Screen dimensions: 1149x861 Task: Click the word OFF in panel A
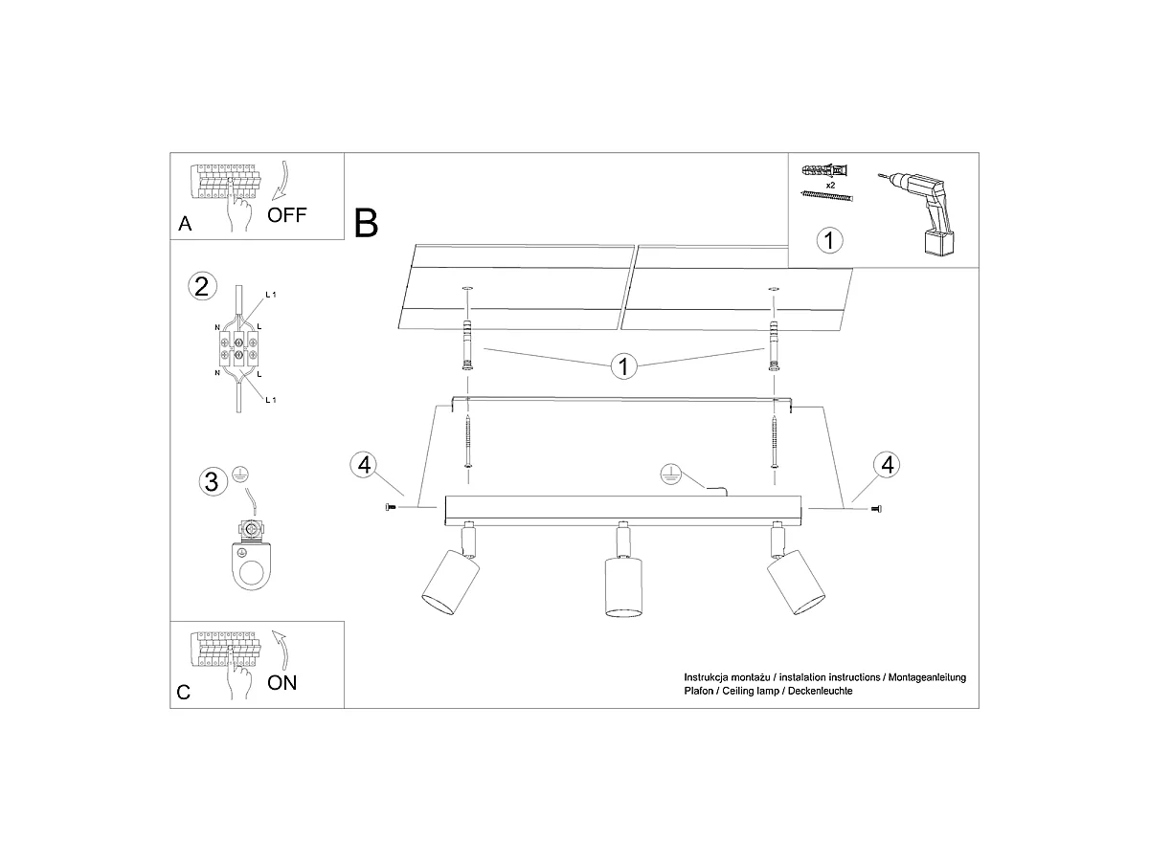coord(287,215)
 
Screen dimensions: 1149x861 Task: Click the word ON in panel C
coord(282,683)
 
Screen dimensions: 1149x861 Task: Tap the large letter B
coord(366,223)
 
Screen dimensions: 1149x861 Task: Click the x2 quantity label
coord(830,185)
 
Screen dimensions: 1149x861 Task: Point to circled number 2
coord(202,286)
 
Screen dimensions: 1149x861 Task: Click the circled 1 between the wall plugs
coord(623,366)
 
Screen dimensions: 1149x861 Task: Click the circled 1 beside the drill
coord(830,240)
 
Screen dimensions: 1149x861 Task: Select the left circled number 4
coord(365,464)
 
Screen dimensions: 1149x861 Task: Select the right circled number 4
coord(887,464)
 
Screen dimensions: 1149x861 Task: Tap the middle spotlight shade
coord(623,587)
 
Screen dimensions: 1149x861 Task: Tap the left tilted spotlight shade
coord(450,582)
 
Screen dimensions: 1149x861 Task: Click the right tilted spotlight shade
coord(797,582)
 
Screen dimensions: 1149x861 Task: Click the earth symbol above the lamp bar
coord(670,474)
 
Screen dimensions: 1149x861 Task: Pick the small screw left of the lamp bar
coord(390,507)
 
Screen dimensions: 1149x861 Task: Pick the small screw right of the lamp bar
coord(876,509)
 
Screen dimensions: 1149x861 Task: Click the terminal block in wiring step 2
coord(238,348)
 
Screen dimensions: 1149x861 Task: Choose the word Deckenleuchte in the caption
coord(821,691)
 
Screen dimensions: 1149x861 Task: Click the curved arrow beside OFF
coord(282,181)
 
